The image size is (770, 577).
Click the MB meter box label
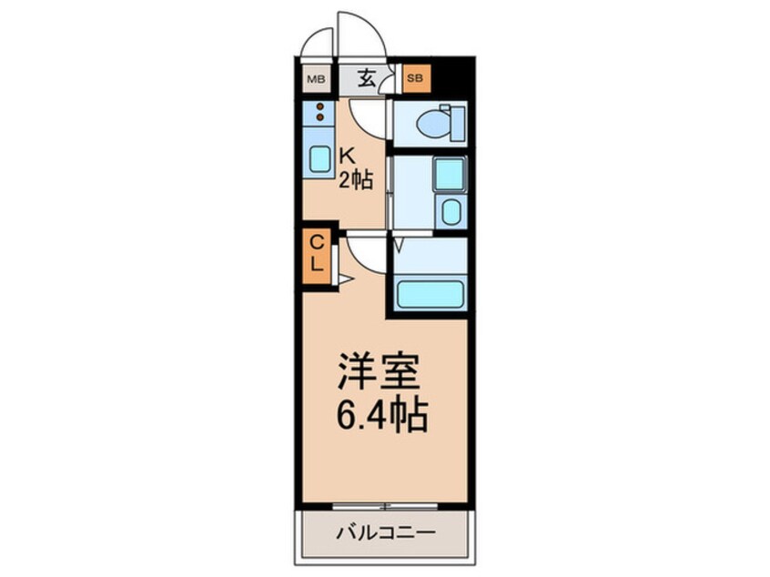click(315, 79)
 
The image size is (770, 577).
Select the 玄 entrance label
click(366, 78)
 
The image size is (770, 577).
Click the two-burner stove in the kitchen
click(319, 113)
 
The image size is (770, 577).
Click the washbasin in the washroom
click(450, 215)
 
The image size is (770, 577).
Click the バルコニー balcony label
click(386, 532)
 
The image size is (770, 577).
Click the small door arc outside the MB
click(319, 41)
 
